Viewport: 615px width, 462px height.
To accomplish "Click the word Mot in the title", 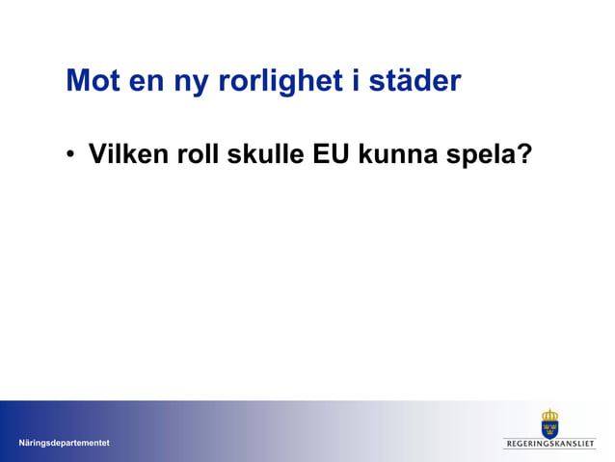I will tap(93, 82).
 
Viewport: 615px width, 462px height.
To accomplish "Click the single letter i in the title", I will tap(353, 81).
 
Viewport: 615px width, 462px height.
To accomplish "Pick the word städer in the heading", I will tap(414, 82).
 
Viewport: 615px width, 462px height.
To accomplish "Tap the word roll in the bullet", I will tap(199, 154).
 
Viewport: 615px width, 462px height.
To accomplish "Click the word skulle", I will tap(266, 154).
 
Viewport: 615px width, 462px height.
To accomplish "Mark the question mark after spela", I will tap(525, 154).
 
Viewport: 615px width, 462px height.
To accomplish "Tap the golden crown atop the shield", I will tap(549, 412).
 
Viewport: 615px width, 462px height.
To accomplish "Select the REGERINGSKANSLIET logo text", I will tap(549, 444).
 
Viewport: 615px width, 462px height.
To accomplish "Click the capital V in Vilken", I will tap(96, 154).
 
